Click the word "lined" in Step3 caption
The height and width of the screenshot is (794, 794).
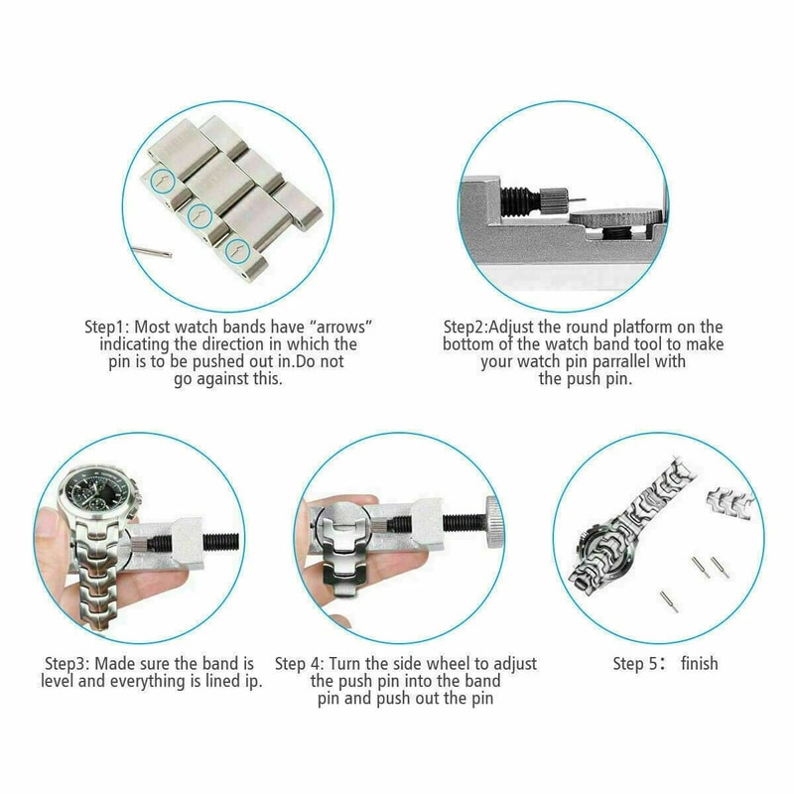click(x=215, y=681)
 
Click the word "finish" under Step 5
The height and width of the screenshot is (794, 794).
click(x=699, y=663)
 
